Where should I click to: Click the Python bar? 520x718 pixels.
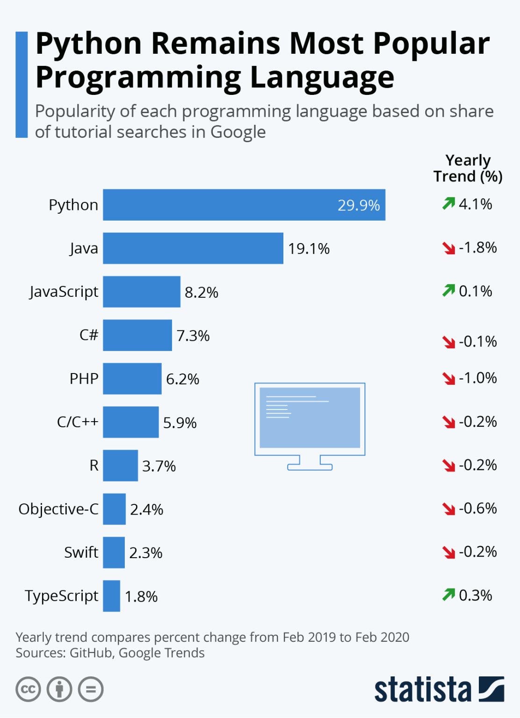click(x=243, y=205)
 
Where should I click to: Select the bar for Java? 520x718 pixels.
click(x=193, y=248)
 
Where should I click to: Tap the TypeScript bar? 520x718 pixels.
click(x=111, y=596)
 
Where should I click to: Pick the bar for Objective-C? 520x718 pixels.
click(x=114, y=509)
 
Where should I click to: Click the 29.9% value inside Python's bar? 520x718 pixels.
click(x=359, y=205)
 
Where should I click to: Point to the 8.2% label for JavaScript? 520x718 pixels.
click(x=201, y=293)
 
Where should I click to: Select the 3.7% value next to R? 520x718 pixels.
click(x=159, y=466)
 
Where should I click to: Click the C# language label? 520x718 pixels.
click(x=88, y=335)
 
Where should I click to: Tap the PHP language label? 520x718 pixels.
click(x=84, y=378)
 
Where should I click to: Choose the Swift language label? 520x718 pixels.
click(x=81, y=552)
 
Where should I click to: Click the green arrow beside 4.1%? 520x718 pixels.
click(x=448, y=203)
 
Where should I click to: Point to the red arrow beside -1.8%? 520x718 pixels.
click(x=449, y=248)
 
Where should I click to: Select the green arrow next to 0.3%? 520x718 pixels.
click(x=448, y=595)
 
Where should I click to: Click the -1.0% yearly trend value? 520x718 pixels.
click(x=477, y=378)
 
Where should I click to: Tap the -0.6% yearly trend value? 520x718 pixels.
click(x=477, y=508)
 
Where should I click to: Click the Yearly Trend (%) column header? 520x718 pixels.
click(x=468, y=168)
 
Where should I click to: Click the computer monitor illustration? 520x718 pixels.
click(x=310, y=425)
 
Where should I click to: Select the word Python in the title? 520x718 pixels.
click(x=88, y=43)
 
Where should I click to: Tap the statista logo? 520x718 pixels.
click(x=439, y=689)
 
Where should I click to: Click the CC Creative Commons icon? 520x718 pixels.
click(x=28, y=689)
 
